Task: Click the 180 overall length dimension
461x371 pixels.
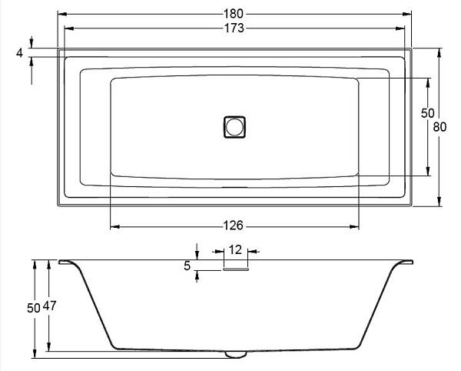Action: coord(234,14)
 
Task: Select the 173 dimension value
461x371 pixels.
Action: coord(234,28)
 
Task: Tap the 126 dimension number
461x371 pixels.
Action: coord(233,226)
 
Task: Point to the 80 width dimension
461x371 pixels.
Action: coord(439,127)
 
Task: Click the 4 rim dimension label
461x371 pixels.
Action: coord(19,53)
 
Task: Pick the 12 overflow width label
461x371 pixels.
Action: coord(235,249)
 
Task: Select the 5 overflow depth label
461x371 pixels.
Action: coord(187,266)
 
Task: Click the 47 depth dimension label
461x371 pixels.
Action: coord(49,306)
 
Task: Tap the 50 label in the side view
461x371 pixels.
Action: coord(34,308)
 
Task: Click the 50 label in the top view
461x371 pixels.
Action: coord(427,113)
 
